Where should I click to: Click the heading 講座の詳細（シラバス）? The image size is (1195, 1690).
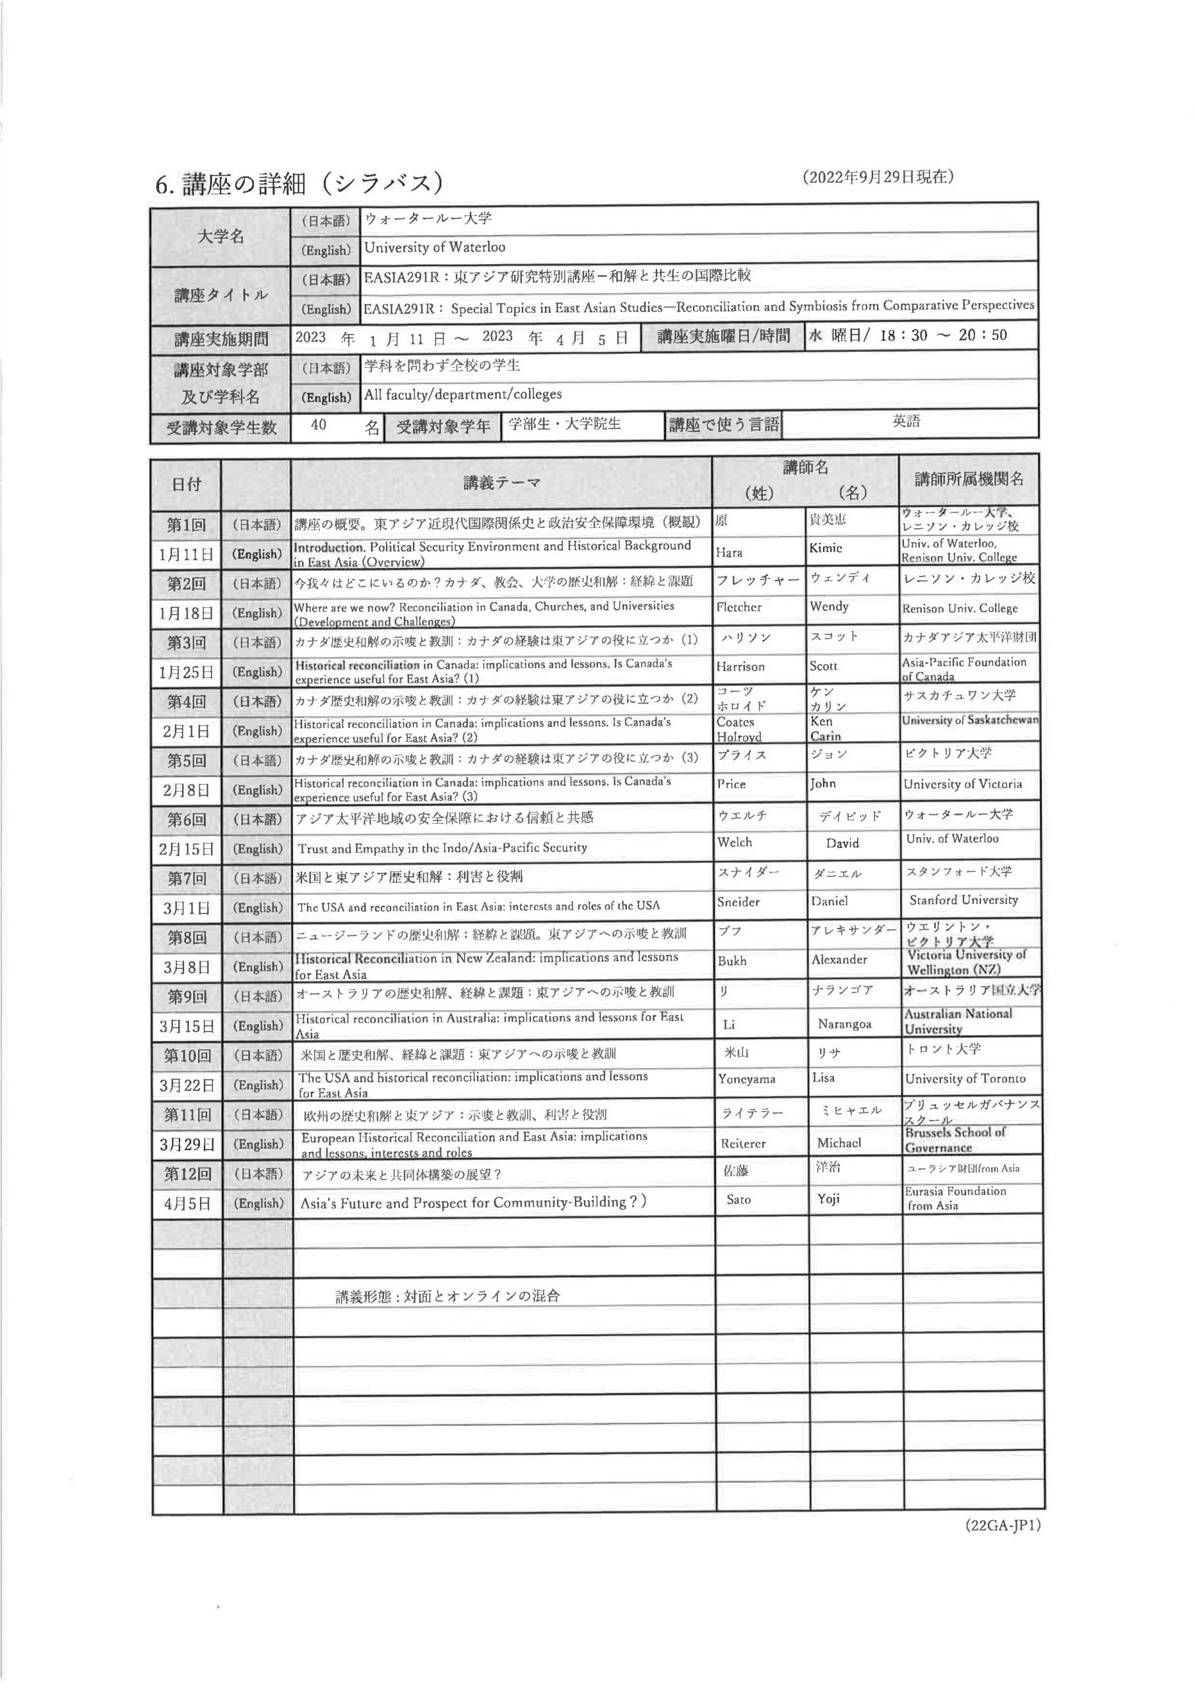299,183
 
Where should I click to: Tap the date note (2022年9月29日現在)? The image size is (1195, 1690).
878,177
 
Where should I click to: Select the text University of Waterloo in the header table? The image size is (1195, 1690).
435,248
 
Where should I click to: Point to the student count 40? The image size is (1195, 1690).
319,424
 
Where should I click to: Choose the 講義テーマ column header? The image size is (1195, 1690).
502,483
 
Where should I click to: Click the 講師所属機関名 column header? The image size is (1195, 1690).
969,479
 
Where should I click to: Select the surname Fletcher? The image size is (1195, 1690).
739,607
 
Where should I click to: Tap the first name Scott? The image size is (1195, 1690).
824,666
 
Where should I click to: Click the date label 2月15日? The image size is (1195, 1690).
186,849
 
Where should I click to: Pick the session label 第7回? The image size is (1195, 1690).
187,878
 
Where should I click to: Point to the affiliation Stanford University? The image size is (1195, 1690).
963,900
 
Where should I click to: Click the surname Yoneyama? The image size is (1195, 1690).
746,1079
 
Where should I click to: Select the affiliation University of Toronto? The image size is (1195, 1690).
965,1079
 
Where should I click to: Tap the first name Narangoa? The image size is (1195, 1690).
844,1025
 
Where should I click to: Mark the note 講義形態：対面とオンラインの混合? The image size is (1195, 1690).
447,1296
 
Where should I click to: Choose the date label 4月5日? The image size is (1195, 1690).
187,1203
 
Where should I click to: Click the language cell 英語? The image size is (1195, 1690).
907,421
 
